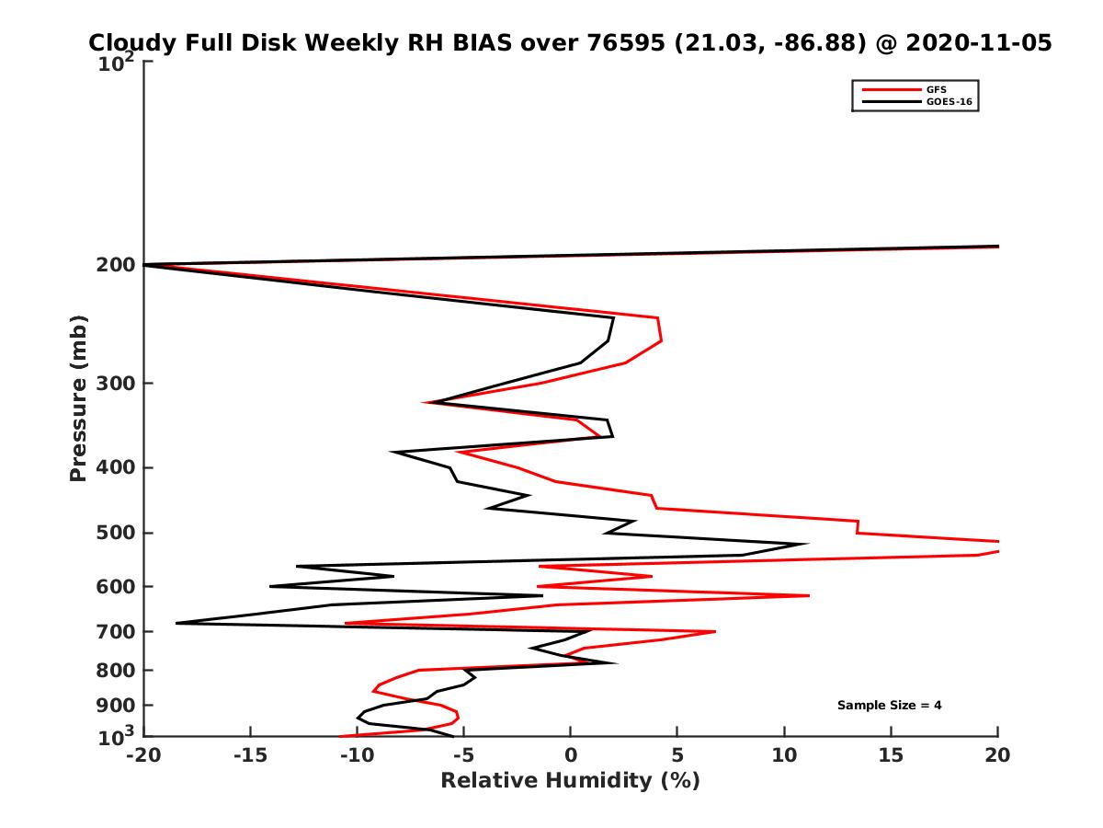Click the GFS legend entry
point(937,89)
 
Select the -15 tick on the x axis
point(250,756)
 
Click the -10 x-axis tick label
point(357,756)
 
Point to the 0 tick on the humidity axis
point(570,756)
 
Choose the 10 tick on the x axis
point(784,756)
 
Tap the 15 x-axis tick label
point(891,756)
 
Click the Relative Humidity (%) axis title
point(570,781)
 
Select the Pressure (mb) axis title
point(78,397)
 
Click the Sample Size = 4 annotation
point(889,706)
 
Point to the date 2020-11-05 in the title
point(978,42)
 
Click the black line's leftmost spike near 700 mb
point(177,623)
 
